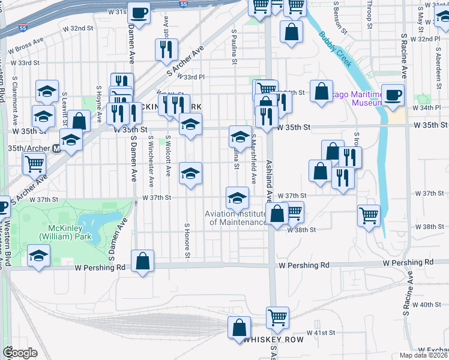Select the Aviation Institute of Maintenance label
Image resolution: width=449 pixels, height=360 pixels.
tap(235, 218)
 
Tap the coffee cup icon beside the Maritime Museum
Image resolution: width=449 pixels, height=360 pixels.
tap(393, 95)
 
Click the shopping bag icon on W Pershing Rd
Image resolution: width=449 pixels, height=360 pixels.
tap(142, 261)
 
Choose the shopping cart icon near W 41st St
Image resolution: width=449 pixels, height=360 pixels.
tap(277, 317)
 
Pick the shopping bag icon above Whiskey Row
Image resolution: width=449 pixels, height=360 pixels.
tap(239, 328)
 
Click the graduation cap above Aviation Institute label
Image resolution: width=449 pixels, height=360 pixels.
tap(237, 197)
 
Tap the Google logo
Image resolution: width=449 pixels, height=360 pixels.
tap(20, 353)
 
